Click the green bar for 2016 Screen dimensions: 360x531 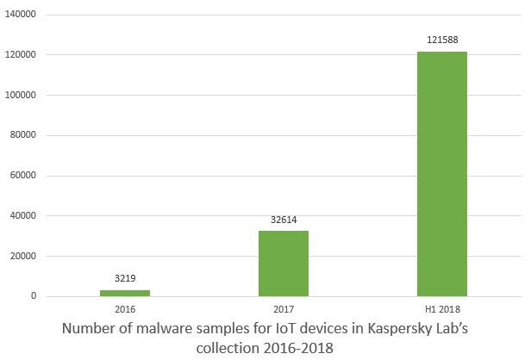(124, 293)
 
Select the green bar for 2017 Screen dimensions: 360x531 (283, 264)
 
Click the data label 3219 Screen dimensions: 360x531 (124, 279)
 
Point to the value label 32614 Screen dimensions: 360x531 (283, 220)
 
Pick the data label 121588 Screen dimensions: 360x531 (441, 40)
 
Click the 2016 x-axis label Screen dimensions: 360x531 (124, 308)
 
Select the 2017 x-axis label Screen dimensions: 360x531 (283, 308)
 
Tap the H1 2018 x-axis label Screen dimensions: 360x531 (441, 308)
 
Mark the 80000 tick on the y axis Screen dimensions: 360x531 (22, 135)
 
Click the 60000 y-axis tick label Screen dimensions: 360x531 (22, 176)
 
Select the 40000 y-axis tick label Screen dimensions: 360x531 (22, 216)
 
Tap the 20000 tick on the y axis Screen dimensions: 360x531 (22, 256)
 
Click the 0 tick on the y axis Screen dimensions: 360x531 (34, 296)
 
